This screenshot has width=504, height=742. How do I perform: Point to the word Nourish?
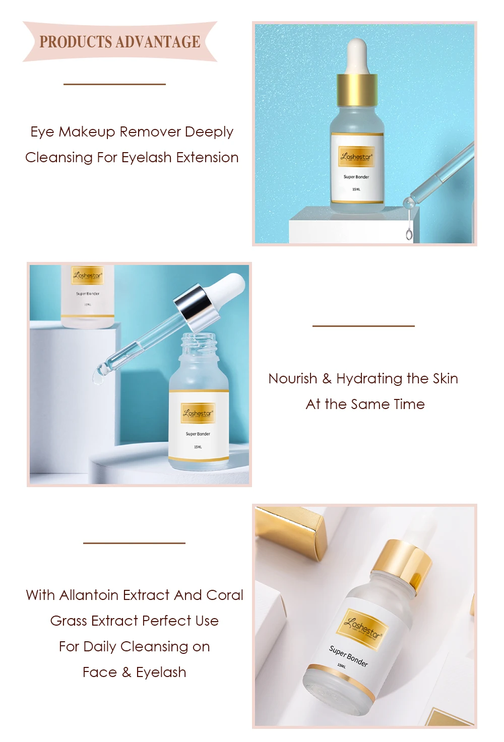(293, 379)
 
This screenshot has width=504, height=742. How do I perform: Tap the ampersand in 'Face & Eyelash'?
(126, 672)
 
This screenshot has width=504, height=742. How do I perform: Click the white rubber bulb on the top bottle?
(357, 55)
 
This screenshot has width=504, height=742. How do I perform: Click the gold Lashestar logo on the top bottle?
(357, 156)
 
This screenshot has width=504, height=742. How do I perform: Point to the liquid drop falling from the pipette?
(409, 234)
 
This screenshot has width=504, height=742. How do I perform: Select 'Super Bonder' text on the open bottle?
(198, 434)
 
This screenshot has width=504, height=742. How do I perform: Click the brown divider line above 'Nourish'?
(363, 326)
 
